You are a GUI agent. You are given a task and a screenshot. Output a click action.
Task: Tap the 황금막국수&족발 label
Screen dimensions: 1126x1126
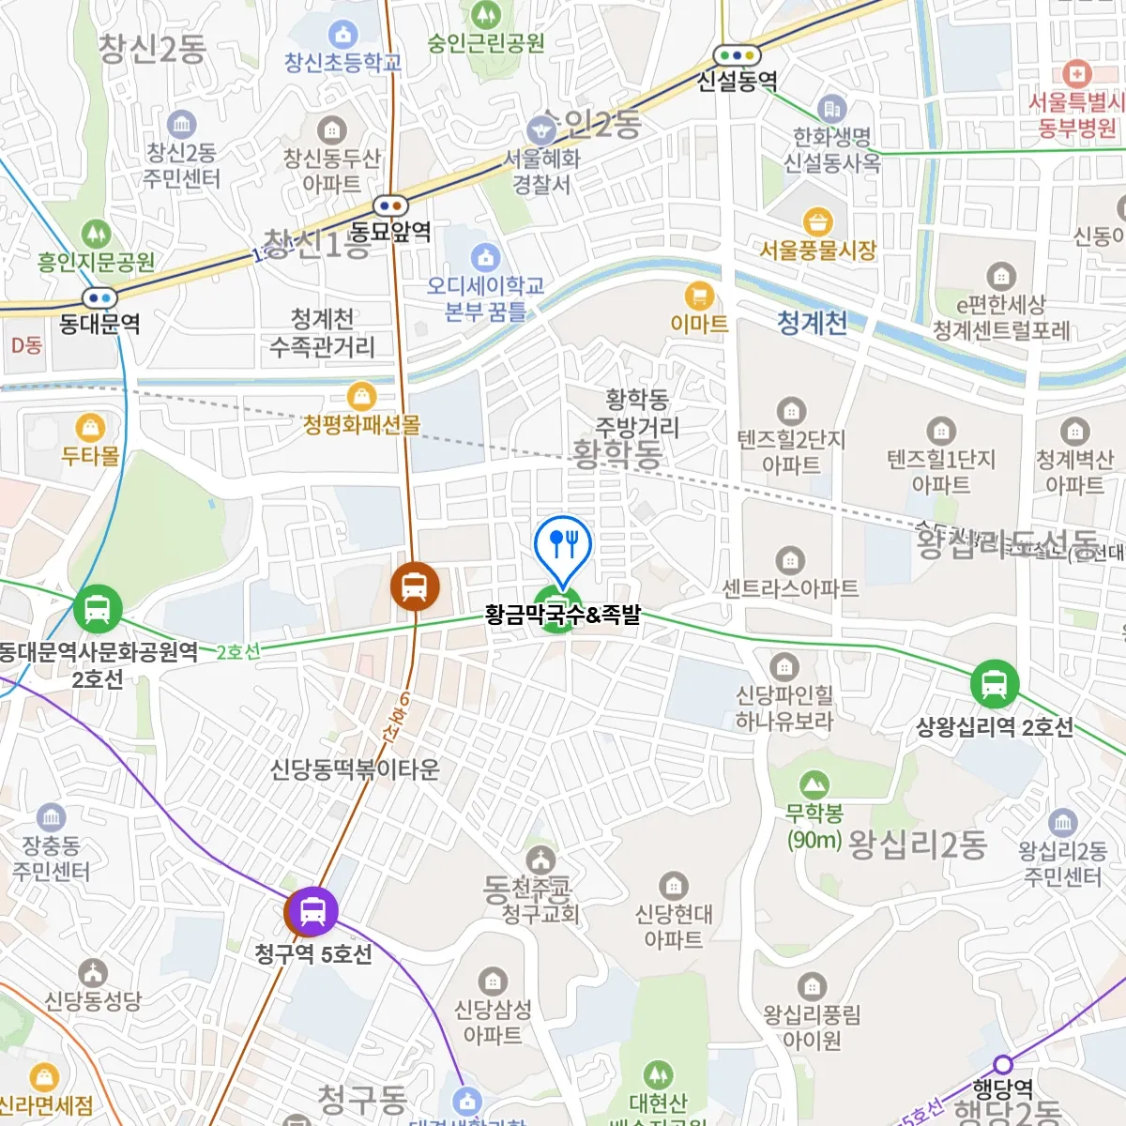tap(563, 616)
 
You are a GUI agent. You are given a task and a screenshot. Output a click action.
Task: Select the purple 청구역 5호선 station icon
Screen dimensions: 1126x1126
tap(312, 910)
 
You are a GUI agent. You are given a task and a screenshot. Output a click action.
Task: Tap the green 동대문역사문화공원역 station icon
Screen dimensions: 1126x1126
tap(98, 608)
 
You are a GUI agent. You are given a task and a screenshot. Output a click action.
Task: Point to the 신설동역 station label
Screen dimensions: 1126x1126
tap(737, 82)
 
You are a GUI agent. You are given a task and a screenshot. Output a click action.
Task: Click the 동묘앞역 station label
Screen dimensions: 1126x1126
tap(390, 231)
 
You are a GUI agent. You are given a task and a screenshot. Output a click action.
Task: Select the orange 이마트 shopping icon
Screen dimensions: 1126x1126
tap(699, 297)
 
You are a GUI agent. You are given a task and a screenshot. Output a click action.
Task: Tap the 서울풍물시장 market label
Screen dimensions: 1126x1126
tap(818, 251)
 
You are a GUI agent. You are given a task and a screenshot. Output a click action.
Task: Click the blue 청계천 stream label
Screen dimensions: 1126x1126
tap(812, 323)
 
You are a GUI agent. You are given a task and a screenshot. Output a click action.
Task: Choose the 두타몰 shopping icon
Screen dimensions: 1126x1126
tap(90, 429)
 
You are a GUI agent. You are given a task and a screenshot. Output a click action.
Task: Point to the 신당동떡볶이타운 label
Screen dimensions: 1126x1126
tap(355, 769)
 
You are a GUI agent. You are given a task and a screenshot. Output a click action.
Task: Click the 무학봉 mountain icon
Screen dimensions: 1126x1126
tap(814, 784)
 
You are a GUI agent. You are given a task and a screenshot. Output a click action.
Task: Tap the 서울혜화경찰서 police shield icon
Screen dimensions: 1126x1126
tap(540, 129)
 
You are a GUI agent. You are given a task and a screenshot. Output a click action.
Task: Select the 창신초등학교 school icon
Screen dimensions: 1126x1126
tap(342, 36)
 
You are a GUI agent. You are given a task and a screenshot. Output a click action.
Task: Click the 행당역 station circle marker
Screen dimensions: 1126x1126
tap(1003, 1065)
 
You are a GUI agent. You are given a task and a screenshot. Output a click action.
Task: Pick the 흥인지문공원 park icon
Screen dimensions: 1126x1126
tap(96, 233)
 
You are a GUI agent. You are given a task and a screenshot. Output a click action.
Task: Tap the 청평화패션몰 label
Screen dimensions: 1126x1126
tap(361, 424)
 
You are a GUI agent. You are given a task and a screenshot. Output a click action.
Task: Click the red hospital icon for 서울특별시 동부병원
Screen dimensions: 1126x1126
tap(1076, 73)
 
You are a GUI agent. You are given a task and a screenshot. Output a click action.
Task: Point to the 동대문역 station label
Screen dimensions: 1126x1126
tap(99, 325)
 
